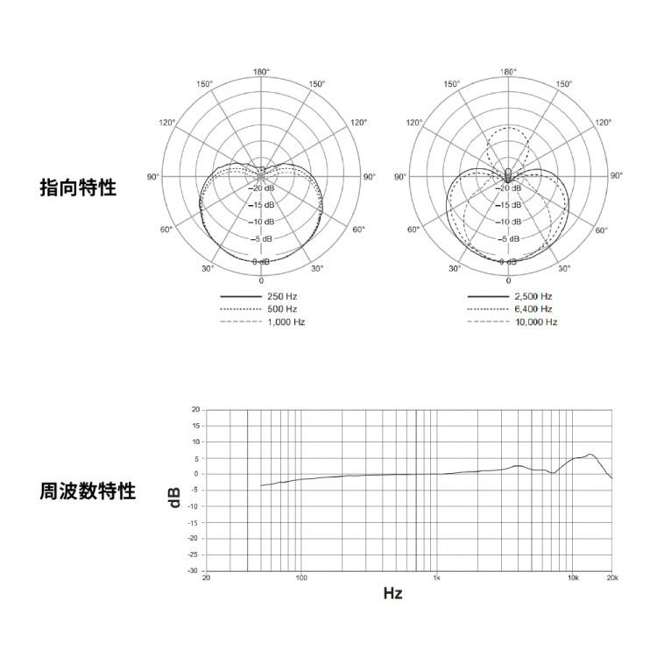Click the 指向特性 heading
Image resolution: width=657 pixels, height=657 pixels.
pyautogui.click(x=78, y=187)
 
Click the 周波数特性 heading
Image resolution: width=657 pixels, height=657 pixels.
pyautogui.click(x=88, y=491)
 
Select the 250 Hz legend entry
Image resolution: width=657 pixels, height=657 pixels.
pyautogui.click(x=258, y=297)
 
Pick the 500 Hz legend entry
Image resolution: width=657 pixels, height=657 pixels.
pyautogui.click(x=258, y=309)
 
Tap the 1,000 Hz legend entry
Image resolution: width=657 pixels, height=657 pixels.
pyautogui.click(x=263, y=322)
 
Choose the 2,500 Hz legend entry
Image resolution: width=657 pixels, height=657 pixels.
pyautogui.click(x=510, y=297)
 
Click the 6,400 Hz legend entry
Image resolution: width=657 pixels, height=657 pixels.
pyautogui.click(x=510, y=309)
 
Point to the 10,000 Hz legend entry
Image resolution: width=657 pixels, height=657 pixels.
pyautogui.click(x=512, y=322)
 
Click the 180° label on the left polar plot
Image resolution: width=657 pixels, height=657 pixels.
pyautogui.click(x=261, y=72)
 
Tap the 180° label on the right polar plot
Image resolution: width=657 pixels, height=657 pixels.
pyautogui.click(x=508, y=72)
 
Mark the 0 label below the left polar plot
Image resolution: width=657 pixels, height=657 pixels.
pyautogui.click(x=261, y=280)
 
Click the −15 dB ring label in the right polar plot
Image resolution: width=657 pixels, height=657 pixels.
pyautogui.click(x=509, y=205)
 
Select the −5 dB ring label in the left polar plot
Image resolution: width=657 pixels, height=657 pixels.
pyautogui.click(x=261, y=239)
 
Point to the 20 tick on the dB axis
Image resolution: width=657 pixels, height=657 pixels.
pyautogui.click(x=195, y=409)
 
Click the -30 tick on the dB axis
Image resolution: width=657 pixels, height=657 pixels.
pyautogui.click(x=194, y=570)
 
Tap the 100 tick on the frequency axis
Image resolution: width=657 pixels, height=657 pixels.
pyautogui.click(x=301, y=578)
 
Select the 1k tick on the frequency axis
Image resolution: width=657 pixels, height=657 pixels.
pyautogui.click(x=436, y=578)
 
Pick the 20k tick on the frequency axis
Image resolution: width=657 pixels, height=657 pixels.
pyautogui.click(x=612, y=578)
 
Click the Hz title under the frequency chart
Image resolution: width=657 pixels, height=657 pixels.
pyautogui.click(x=392, y=593)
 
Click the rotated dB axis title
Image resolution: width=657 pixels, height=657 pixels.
pyautogui.click(x=174, y=498)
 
